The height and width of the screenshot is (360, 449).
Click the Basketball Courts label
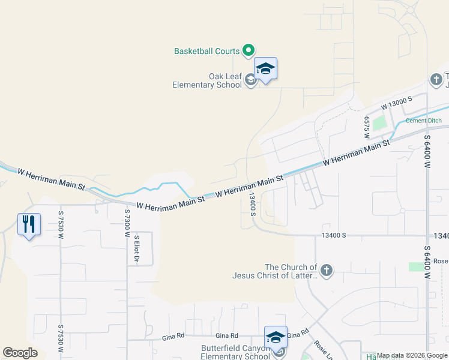click(206, 52)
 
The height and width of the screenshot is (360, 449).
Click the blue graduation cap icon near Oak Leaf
click(265, 70)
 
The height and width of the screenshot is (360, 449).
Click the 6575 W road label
click(366, 127)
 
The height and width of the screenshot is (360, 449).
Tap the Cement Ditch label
click(423, 121)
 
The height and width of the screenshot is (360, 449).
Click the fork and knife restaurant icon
click(29, 224)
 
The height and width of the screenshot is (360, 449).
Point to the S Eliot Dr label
click(137, 248)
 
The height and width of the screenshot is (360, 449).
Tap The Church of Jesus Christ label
click(275, 271)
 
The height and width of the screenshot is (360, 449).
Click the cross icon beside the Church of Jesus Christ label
click(326, 271)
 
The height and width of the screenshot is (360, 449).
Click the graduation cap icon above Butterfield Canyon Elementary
click(276, 337)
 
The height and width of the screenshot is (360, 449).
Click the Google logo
click(20, 352)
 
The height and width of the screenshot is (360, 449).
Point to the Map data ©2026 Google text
click(412, 355)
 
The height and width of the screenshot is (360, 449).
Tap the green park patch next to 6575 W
click(378, 124)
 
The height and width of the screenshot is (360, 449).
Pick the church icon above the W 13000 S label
click(436, 79)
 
